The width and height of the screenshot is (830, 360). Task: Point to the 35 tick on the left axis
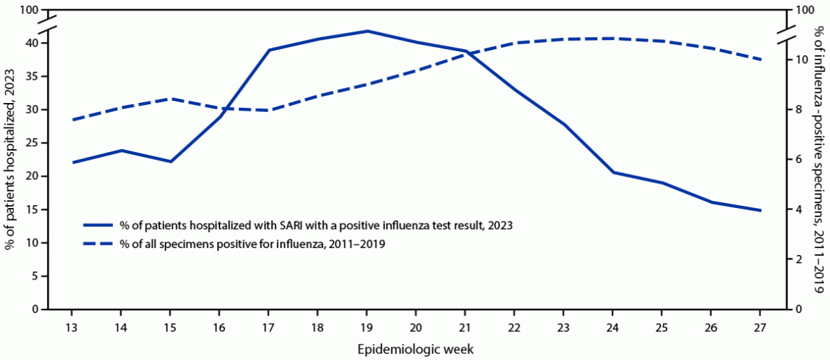(x=32, y=76)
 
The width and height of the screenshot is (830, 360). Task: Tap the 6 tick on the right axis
(x=793, y=160)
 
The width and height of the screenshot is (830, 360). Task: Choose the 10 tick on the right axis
(x=795, y=60)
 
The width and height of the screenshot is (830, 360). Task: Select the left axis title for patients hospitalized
(x=11, y=160)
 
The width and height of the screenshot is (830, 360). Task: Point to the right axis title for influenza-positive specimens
(x=819, y=160)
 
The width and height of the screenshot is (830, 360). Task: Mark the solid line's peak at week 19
(x=366, y=31)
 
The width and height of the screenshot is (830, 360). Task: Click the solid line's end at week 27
(x=760, y=210)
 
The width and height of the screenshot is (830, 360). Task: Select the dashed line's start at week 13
(x=71, y=120)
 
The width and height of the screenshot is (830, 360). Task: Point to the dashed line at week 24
(x=613, y=39)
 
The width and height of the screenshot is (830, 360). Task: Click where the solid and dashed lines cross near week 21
(x=466, y=53)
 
